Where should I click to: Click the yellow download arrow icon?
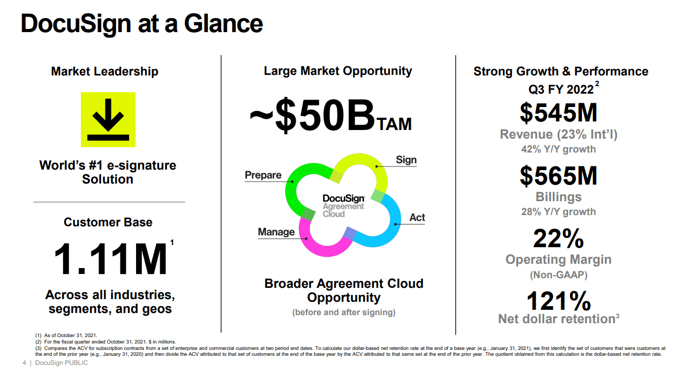coord(108,119)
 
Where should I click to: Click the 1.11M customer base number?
coord(111,260)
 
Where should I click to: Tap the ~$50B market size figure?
coord(311,117)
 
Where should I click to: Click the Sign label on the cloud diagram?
coord(406,160)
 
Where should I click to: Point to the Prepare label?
coord(263,175)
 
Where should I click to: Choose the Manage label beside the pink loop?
coord(276,232)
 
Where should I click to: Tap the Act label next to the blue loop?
coord(417,217)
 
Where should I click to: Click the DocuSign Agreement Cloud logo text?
coord(343,206)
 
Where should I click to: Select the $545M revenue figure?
coord(558,112)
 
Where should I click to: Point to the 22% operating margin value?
coord(558,239)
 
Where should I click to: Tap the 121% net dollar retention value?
coord(558,301)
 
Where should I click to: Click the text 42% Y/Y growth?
coord(558,149)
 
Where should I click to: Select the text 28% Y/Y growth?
coord(558,212)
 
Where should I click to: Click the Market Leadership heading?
coord(104,71)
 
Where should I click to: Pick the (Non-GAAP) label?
coord(559,275)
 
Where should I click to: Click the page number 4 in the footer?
coord(24,364)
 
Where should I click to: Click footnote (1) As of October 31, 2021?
coord(66,335)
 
